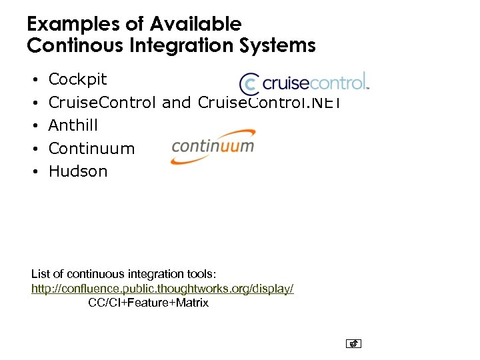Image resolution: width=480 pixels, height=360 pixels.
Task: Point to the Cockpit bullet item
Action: (x=77, y=80)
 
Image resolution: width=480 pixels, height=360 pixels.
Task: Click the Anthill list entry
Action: (x=73, y=125)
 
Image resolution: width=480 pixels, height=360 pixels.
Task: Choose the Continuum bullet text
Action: (x=92, y=148)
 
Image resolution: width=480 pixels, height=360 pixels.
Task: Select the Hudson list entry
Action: (x=78, y=171)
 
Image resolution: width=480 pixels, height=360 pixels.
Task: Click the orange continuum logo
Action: (x=213, y=146)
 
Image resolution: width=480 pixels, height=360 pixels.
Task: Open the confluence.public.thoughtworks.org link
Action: (x=163, y=289)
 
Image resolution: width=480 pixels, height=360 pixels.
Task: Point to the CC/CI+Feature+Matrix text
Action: (x=148, y=303)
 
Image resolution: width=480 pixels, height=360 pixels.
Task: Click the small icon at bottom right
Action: (x=353, y=344)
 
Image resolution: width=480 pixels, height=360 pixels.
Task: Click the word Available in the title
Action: (x=195, y=25)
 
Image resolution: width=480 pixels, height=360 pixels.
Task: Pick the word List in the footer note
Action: (x=41, y=274)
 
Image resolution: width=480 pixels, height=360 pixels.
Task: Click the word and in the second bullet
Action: (x=177, y=103)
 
